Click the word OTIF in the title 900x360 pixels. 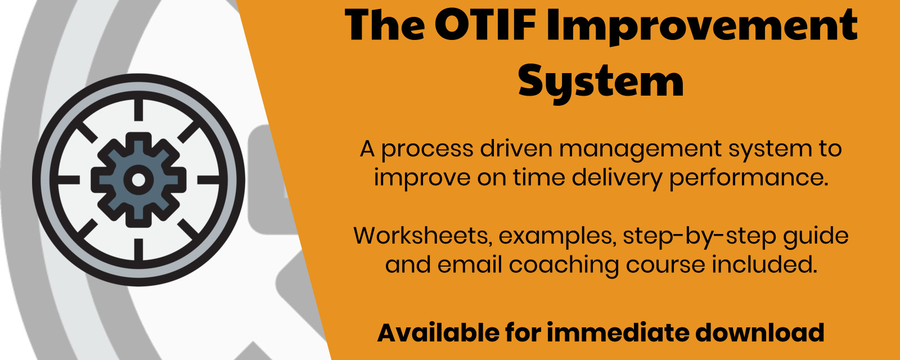click(x=485, y=24)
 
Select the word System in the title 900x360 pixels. click(x=601, y=83)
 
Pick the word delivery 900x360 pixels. click(x=617, y=178)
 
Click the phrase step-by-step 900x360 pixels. click(x=699, y=237)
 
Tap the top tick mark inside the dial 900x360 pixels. click(x=138, y=110)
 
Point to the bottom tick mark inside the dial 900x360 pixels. click(x=138, y=250)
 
